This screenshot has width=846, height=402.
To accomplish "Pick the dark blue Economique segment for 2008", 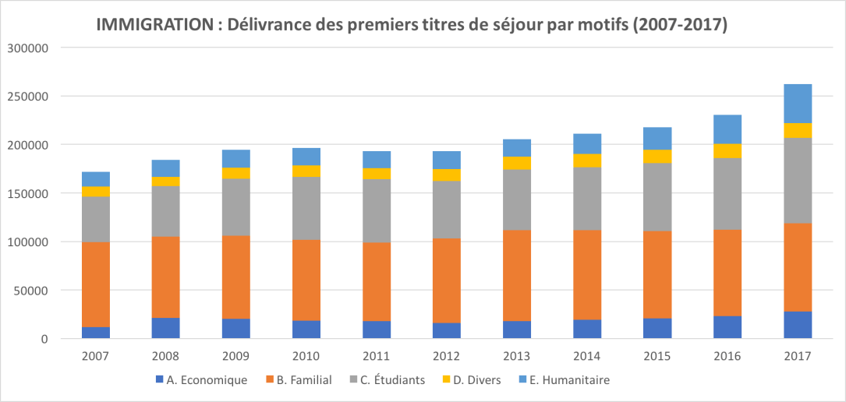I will click(x=165, y=328).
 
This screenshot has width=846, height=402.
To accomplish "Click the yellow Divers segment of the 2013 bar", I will click(x=517, y=163).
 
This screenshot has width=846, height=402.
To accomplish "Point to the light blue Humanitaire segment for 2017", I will click(x=798, y=104).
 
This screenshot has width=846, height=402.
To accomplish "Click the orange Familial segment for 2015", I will click(x=657, y=275).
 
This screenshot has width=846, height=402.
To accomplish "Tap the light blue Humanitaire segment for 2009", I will click(x=236, y=159).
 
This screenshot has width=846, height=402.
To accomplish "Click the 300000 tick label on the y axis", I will click(x=28, y=48).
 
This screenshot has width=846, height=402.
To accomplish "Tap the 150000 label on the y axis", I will click(x=28, y=193).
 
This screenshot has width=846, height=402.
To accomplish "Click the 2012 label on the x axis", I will click(x=447, y=356).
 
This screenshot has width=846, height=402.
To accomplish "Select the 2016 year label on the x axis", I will click(x=727, y=356).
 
